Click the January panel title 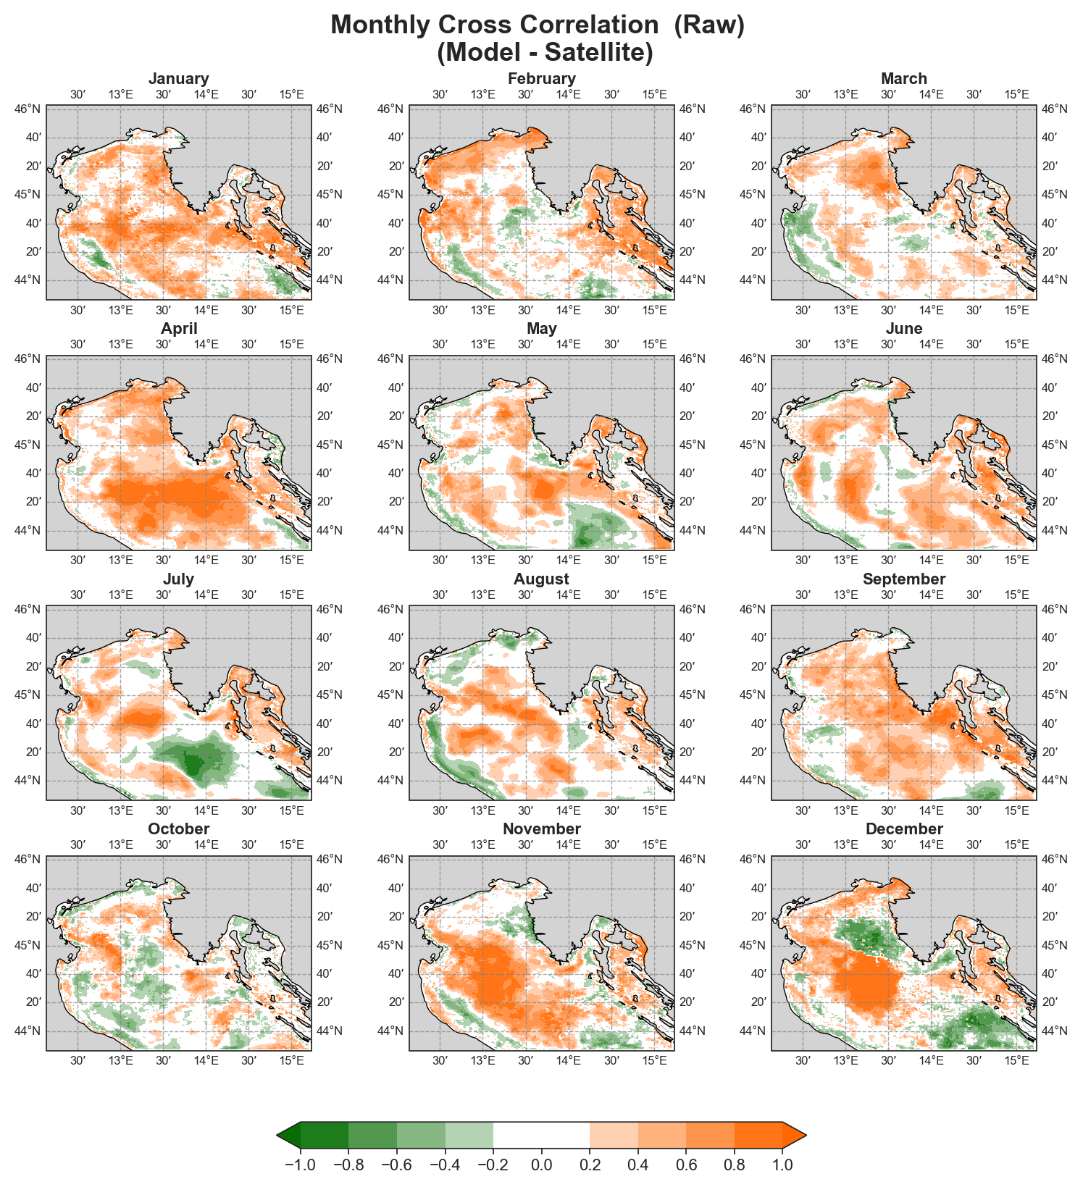(x=179, y=79)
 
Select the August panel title (x=541, y=579)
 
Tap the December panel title (x=904, y=829)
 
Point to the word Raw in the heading (x=709, y=25)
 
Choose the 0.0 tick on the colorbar (x=542, y=1165)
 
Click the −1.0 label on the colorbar (x=300, y=1165)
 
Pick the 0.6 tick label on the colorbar (x=687, y=1165)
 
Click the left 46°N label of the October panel (x=28, y=860)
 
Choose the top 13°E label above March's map (x=845, y=94)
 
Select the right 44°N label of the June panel (x=1054, y=531)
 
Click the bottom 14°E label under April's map (x=206, y=561)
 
